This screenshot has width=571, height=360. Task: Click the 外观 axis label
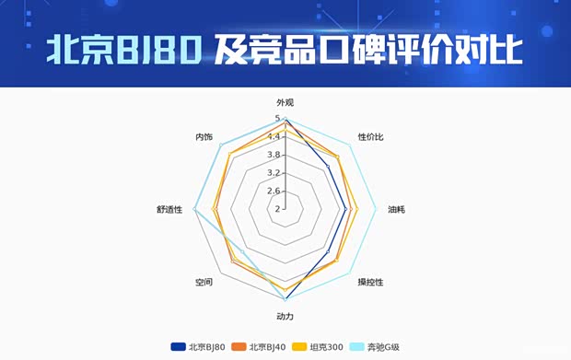[285, 103]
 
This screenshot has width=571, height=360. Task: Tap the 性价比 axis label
[370, 137]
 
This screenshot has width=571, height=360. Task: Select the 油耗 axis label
[396, 209]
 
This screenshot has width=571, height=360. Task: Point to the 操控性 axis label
[371, 282]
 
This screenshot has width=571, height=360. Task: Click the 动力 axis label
[285, 317]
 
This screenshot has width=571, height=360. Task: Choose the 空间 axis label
[204, 282]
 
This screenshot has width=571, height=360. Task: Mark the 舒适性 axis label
[169, 209]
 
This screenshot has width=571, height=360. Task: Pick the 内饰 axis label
[204, 137]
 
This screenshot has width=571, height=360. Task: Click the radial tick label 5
[277, 119]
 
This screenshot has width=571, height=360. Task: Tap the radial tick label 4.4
[274, 136]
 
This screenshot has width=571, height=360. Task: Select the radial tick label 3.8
[274, 155]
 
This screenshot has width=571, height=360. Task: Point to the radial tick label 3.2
[274, 172]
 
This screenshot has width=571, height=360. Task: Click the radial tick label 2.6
[274, 191]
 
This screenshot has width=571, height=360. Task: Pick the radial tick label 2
[277, 208]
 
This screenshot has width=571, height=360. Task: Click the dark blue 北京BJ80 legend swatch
[178, 347]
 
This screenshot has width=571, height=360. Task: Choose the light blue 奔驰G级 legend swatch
[357, 347]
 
